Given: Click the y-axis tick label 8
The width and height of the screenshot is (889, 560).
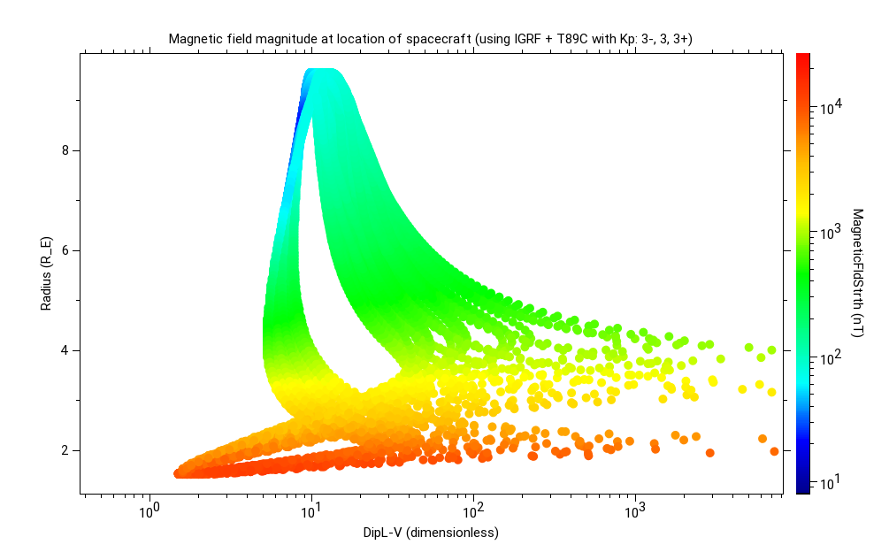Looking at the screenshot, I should tap(65, 150).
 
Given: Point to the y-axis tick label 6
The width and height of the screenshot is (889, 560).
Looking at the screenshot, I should tap(65, 250).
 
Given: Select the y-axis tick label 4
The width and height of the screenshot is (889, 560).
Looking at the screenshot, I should tap(65, 350).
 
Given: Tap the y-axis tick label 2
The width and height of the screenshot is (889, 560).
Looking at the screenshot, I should tap(65, 450).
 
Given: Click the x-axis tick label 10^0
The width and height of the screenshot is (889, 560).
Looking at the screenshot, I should tap(149, 512).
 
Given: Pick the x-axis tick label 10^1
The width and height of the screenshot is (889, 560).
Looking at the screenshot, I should tap(310, 512).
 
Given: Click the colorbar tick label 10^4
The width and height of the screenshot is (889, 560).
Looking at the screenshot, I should tap(832, 109).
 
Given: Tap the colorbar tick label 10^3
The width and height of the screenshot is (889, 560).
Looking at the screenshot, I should tap(832, 234).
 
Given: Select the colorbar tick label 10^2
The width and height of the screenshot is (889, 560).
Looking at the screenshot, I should tap(832, 358).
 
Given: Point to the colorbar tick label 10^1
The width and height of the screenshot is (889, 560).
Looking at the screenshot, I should tap(832, 483).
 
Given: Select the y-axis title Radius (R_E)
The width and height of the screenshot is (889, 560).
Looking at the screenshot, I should tap(46, 272).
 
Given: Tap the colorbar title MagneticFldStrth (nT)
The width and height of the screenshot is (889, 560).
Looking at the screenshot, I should tap(856, 272).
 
